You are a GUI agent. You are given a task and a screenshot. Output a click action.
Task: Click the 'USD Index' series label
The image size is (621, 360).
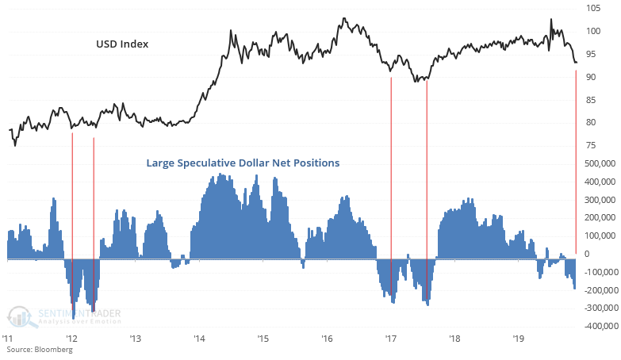[x=117, y=44]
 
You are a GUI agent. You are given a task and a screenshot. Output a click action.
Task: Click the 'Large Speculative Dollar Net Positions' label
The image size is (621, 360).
[x=243, y=163]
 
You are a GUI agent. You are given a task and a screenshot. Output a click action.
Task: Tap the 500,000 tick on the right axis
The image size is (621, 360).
[x=600, y=163]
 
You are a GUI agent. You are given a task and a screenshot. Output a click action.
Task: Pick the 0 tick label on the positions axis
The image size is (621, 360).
[x=587, y=254]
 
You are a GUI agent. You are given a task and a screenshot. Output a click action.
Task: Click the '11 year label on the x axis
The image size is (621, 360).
[x=8, y=338]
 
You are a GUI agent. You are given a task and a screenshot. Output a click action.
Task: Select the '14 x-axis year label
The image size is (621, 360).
[x=198, y=338]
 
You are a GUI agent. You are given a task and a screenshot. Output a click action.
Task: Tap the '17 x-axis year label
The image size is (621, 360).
[x=390, y=338]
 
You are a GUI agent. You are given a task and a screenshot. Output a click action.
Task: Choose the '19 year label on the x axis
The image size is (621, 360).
[x=518, y=338]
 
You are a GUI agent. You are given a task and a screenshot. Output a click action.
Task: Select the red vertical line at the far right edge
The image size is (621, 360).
[x=575, y=159]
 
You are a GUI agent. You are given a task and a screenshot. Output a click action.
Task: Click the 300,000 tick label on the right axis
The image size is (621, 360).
[x=600, y=199]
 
